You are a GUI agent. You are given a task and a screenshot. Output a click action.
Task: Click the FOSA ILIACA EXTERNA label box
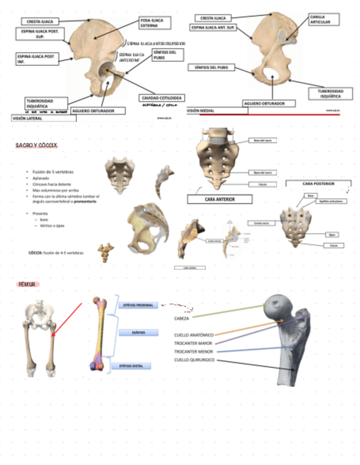[x=155, y=23]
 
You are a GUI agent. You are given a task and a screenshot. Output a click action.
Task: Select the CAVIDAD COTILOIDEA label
[x=162, y=98]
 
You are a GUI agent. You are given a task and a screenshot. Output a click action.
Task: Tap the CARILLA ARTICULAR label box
[x=323, y=20]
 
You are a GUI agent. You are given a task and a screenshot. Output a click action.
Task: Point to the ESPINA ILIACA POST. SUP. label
[x=40, y=35]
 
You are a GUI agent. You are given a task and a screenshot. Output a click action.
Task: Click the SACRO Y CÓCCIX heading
[x=36, y=145]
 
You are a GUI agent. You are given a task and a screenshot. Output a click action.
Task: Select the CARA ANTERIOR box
[x=219, y=200]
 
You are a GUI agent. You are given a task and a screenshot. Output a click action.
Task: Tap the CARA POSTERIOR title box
[x=318, y=184]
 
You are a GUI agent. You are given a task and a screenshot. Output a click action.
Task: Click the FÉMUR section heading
[x=27, y=285]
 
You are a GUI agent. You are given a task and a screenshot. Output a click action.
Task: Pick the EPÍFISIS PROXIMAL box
[x=138, y=305]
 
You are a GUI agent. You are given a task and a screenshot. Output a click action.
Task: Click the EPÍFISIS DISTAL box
[x=138, y=366]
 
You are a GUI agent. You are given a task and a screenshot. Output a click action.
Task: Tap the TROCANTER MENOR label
[x=193, y=351]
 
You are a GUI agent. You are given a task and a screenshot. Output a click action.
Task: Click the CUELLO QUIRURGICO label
[x=195, y=360]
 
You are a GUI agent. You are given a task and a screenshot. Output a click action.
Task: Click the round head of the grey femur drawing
[x=277, y=307]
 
